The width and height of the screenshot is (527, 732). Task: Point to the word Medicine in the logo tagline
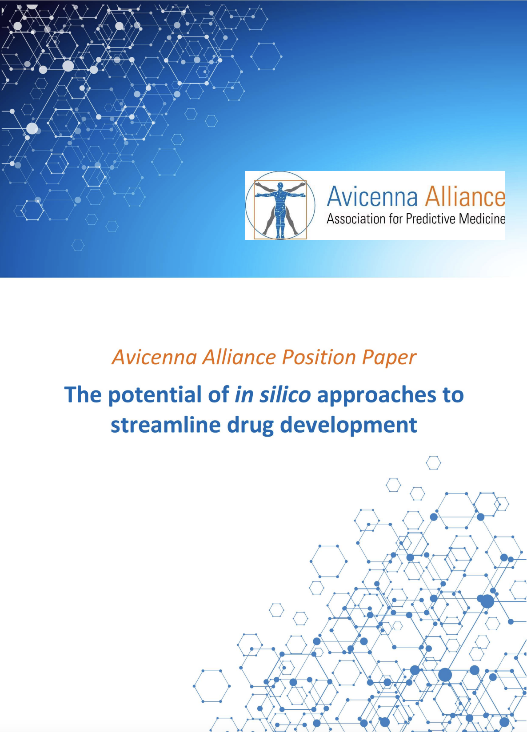[x=482, y=219]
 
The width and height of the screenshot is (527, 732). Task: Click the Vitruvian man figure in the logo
[x=280, y=209]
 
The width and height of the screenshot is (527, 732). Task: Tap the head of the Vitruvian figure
[x=280, y=186]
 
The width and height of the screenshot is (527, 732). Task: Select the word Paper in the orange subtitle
[x=389, y=358]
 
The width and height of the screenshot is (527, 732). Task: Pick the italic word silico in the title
[x=285, y=394]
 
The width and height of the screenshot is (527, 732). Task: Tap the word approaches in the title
[x=377, y=395]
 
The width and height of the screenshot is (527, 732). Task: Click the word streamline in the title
[x=165, y=425]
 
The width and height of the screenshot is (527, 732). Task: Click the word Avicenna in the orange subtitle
[x=154, y=357]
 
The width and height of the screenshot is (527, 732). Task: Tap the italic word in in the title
[x=244, y=394]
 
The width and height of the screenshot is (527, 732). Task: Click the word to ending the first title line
[x=453, y=395]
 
